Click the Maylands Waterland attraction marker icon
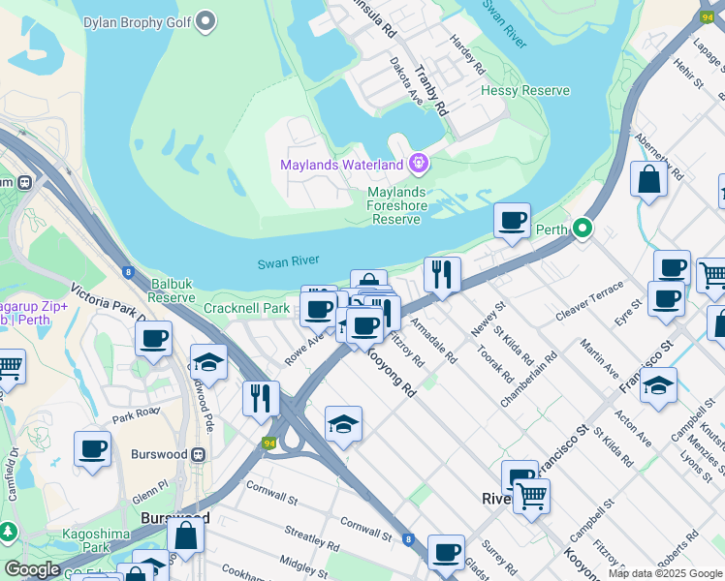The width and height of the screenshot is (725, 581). (419, 165)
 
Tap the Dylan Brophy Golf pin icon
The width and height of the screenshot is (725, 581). (205, 20)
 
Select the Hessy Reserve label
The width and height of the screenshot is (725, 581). (524, 90)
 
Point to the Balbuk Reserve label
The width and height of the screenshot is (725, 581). (172, 291)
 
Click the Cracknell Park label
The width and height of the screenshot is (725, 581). (247, 308)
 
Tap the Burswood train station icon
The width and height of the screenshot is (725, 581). (199, 453)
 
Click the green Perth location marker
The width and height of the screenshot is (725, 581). (582, 229)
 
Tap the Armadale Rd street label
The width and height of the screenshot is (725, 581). (432, 340)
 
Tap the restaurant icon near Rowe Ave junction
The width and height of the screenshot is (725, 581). (261, 397)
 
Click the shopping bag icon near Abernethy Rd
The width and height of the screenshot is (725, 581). (647, 178)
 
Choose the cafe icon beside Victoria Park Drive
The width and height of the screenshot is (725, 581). (153, 339)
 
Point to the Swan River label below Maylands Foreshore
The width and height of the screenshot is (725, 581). (288, 262)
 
